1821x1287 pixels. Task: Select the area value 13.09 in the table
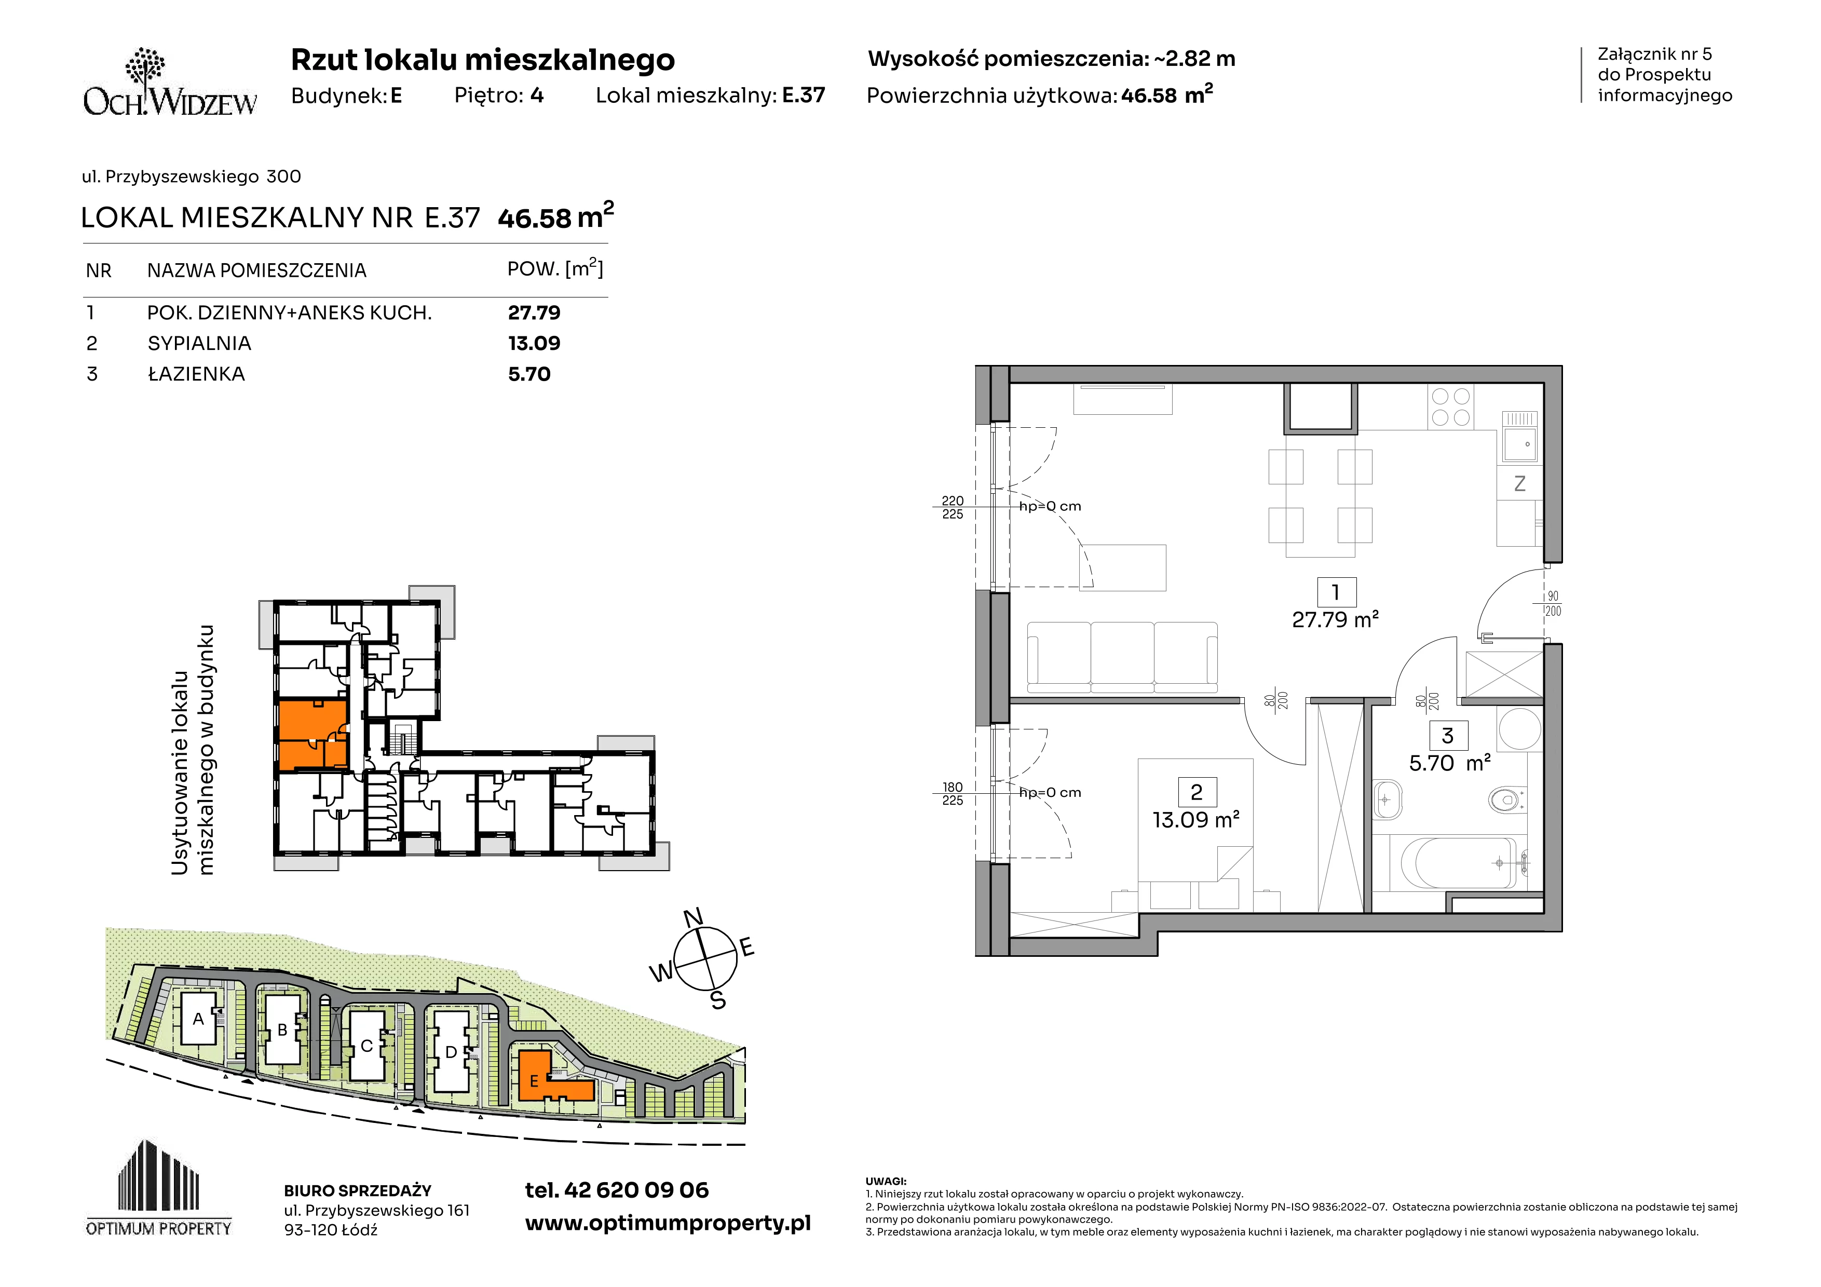[x=534, y=343]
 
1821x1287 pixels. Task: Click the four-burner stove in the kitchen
[x=1450, y=407]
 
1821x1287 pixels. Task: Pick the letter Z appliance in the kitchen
[x=1519, y=484]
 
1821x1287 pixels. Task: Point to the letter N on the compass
[x=693, y=917]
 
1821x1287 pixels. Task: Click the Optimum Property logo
[x=159, y=1187]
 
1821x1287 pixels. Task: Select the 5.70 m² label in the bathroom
[x=1450, y=763]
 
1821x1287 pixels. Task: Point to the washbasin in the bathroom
[x=1387, y=800]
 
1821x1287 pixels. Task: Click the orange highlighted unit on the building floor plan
[x=312, y=735]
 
